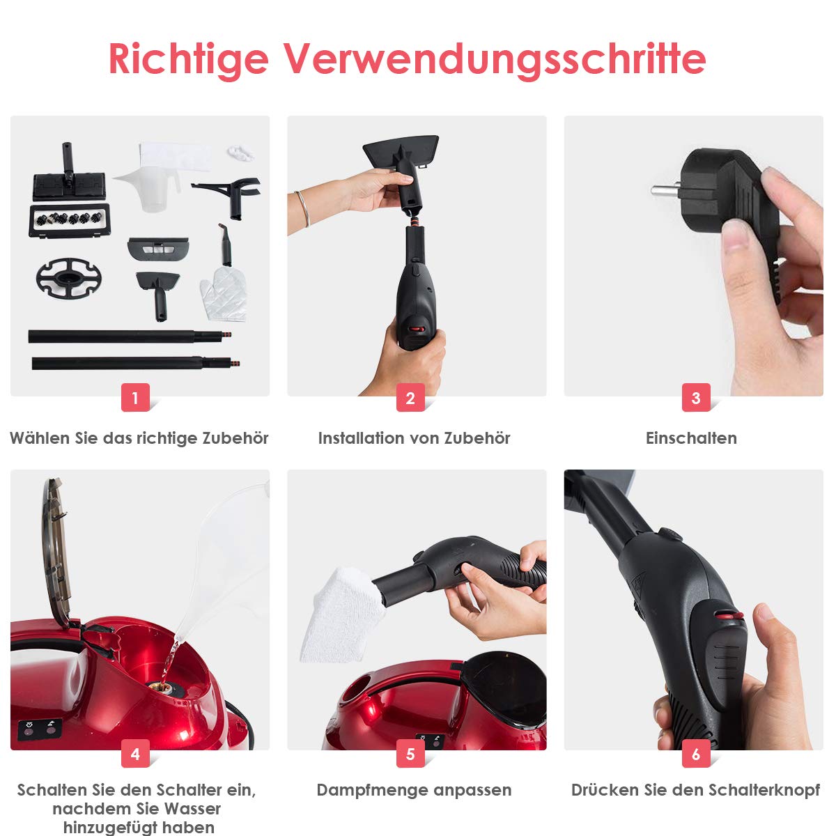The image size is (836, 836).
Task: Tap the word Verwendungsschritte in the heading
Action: (x=495, y=60)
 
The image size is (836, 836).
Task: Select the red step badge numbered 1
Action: (x=135, y=397)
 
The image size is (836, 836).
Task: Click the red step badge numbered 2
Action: (x=410, y=397)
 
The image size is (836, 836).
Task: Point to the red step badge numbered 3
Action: (x=696, y=397)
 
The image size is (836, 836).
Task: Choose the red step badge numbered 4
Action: (x=135, y=754)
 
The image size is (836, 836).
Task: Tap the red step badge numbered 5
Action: (x=410, y=754)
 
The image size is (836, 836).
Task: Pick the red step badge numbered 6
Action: (x=696, y=754)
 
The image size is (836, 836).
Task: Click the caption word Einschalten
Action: (x=692, y=438)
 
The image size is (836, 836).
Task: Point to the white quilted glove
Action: (x=224, y=294)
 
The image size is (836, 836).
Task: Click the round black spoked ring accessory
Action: (x=68, y=278)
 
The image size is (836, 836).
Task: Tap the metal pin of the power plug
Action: (x=665, y=189)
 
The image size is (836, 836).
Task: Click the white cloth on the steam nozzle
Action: (x=343, y=615)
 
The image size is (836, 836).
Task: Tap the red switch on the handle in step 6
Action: (x=729, y=616)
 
